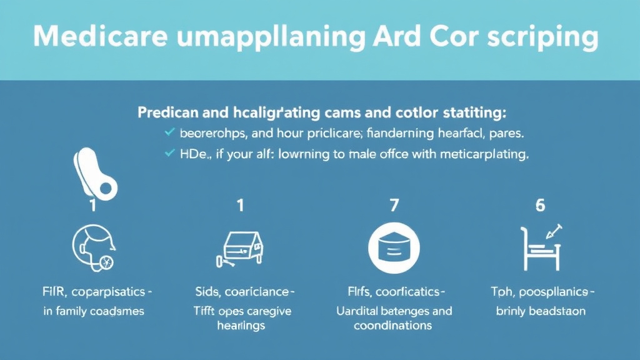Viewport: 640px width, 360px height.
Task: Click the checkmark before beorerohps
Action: [168, 133]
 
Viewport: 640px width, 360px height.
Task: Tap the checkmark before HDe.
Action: [168, 154]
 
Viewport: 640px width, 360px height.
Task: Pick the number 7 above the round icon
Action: [393, 206]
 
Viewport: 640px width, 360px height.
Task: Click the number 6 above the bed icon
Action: [541, 206]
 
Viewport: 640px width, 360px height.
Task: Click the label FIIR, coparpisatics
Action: [94, 292]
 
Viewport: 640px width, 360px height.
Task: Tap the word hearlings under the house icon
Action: [241, 326]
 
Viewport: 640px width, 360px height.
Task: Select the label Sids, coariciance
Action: [241, 292]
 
